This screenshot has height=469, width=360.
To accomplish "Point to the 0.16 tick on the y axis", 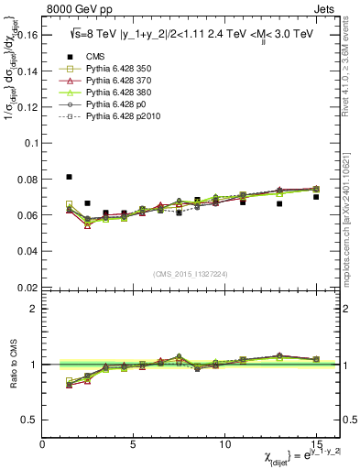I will pos(27,36).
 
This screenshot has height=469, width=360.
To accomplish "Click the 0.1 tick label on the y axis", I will pos(29,144).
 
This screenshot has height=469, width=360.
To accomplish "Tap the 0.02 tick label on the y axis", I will pos(27,288).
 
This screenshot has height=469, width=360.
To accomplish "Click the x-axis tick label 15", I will pos(315,444).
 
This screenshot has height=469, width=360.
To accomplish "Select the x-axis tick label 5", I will pos(134,444).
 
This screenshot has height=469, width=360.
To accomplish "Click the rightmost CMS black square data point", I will pos(316,197).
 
